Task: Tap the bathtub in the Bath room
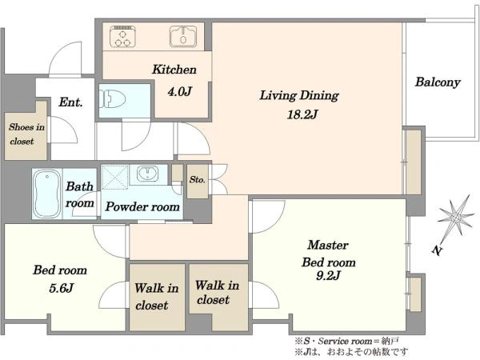point(47,194)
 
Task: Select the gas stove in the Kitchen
point(122,37)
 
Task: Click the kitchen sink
point(183,37)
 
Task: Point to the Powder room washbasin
point(147,174)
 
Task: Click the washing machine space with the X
point(114,178)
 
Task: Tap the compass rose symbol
point(455,218)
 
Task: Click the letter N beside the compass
point(438,250)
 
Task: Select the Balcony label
point(438,82)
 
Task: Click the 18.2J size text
point(302,114)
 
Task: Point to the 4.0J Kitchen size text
point(180,91)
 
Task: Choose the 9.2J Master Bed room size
point(328,276)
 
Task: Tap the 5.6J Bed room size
point(62,288)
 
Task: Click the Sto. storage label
point(197,180)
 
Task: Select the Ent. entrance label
point(70,102)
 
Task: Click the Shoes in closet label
point(26,134)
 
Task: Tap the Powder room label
point(142,207)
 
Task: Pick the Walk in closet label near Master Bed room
point(217,292)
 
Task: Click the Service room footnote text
point(347,341)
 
